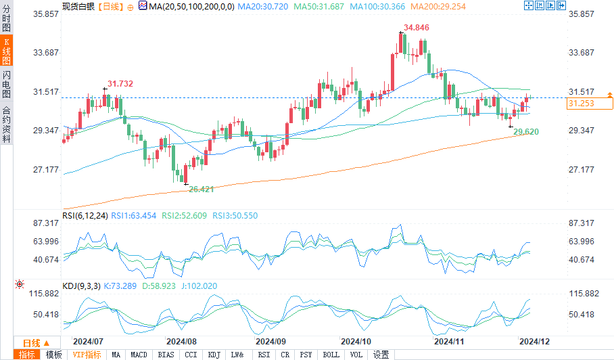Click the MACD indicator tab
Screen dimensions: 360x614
(x=139, y=355)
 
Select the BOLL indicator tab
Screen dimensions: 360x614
(x=331, y=355)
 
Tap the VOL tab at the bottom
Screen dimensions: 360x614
(x=356, y=355)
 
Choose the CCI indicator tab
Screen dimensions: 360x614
(x=191, y=355)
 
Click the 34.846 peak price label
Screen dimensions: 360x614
(x=416, y=28)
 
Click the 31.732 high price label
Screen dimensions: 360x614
(x=120, y=83)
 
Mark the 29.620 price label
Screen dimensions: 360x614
(x=525, y=132)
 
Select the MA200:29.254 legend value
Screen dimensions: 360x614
(x=423, y=5)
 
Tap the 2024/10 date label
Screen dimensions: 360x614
(x=356, y=341)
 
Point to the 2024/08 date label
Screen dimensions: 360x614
(x=181, y=341)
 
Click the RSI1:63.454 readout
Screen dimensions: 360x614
(x=134, y=216)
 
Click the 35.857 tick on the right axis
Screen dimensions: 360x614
(x=582, y=14)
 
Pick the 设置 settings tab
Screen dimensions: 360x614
(x=381, y=355)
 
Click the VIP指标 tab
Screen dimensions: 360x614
(x=87, y=355)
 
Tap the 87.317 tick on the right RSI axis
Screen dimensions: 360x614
(x=582, y=223)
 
